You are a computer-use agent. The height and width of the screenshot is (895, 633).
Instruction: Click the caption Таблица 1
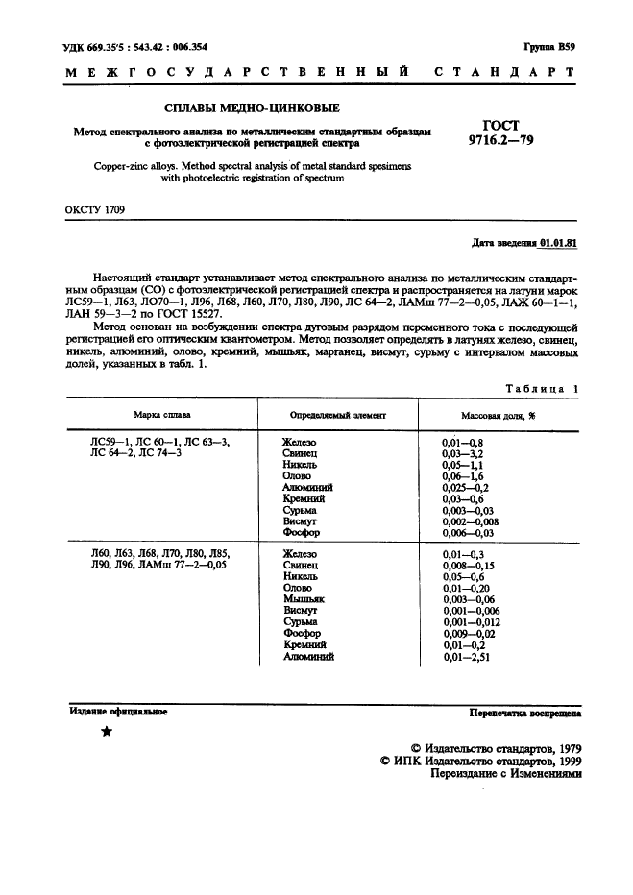point(542,388)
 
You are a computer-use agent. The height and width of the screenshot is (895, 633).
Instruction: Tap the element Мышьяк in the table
point(304,597)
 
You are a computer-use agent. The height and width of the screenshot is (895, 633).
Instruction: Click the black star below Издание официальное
point(107,733)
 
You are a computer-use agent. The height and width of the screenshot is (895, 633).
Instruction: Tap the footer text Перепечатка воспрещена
point(523,713)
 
